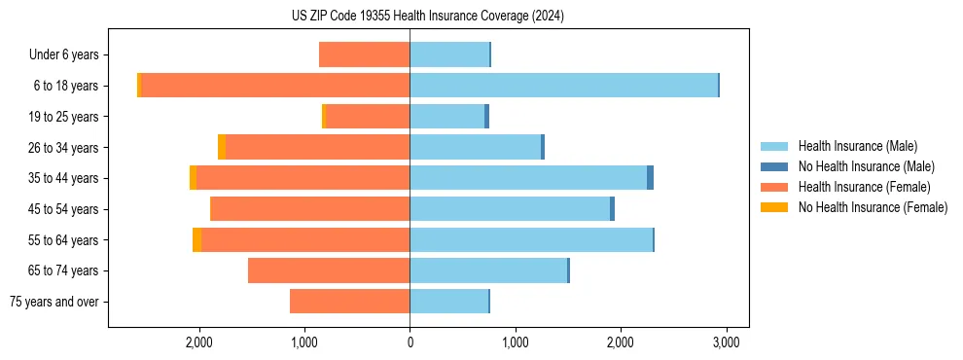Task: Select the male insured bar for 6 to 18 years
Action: point(563,86)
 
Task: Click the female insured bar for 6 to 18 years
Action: point(275,86)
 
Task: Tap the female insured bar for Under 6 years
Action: point(364,54)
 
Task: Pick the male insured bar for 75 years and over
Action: point(448,302)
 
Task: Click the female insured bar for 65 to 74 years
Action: point(329,270)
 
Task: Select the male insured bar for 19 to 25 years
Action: point(446,117)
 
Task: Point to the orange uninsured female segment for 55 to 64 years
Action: point(196,239)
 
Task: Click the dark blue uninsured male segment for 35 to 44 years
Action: point(650,178)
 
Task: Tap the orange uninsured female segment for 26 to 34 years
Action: point(222,147)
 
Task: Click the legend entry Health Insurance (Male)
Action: point(857,146)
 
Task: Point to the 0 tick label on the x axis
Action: point(410,342)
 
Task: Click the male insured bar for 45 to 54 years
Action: point(510,209)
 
